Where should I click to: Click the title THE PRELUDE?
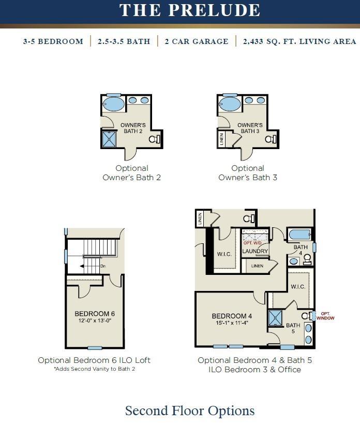click(190, 10)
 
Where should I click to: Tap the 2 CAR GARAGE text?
click(197, 41)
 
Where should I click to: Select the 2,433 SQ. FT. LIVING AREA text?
click(299, 41)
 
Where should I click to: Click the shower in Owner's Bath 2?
click(109, 139)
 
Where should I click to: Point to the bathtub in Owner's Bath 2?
click(113, 104)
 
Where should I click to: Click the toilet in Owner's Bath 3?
click(271, 139)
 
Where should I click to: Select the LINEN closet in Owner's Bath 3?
click(221, 139)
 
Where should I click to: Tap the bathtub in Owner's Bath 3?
click(230, 104)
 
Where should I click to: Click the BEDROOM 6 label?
click(95, 314)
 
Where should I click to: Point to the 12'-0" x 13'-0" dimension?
click(95, 320)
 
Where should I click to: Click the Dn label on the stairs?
click(103, 266)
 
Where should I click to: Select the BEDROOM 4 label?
click(232, 316)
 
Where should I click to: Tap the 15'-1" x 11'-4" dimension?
click(232, 323)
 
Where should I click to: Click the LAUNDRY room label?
click(255, 251)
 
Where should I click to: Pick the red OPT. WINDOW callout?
click(325, 316)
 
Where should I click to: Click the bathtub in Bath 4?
click(299, 235)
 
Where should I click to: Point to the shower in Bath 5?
click(275, 318)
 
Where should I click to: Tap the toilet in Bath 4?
click(307, 259)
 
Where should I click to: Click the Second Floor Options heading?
click(190, 411)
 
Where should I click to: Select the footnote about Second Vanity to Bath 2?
click(95, 369)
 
